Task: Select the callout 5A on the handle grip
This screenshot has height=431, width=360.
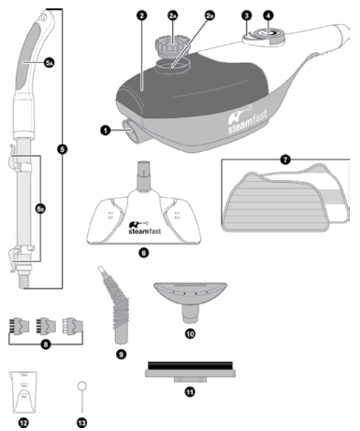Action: tap(48, 63)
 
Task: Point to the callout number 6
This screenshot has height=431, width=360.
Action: tap(143, 251)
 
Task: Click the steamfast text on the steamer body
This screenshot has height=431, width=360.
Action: tap(250, 130)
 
